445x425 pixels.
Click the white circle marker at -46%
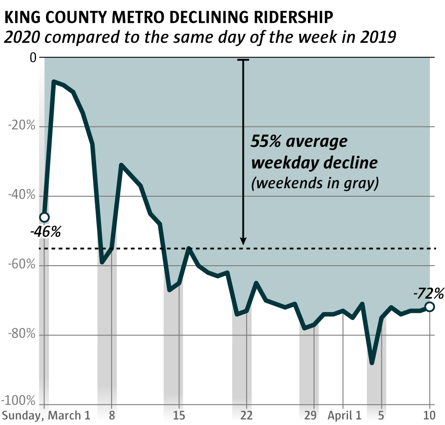pos(44,217)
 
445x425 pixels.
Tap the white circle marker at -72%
pos(429,307)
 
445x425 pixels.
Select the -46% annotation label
pos(45,232)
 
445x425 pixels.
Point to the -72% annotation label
pos(428,293)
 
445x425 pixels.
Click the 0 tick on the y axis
pos(32,57)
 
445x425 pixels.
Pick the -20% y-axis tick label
pos(22,126)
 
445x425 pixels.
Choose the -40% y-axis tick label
pos(22,196)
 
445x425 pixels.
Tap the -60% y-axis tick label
pos(22,265)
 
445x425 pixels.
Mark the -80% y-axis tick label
pos(22,335)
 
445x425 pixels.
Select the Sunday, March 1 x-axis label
pos(46,416)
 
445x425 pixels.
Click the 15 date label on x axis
pos(178,416)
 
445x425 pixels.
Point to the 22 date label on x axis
pos(246,416)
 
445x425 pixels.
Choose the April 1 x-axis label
pos(344,416)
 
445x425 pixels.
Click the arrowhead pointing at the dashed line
pos(243,241)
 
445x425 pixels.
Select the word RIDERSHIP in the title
pos(290,18)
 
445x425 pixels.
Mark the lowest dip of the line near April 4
pos(372,363)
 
